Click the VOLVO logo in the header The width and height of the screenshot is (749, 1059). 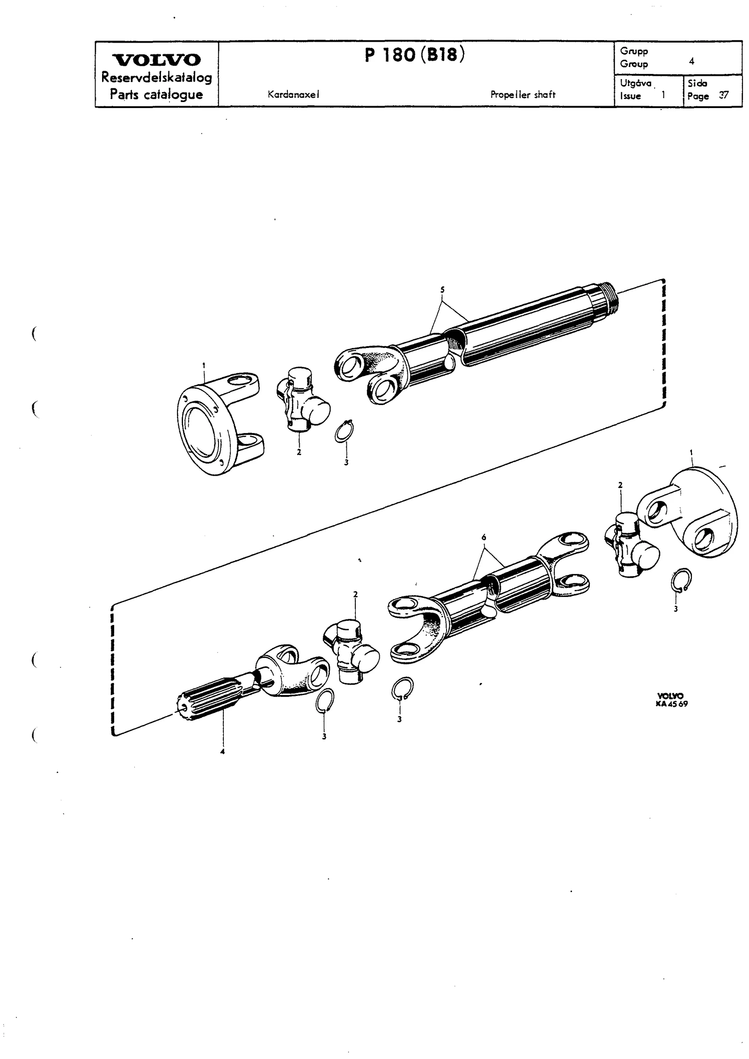(x=157, y=60)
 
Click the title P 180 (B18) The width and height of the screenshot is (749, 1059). (x=415, y=56)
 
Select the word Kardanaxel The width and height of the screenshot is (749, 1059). (x=294, y=94)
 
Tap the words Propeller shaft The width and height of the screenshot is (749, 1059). (x=523, y=94)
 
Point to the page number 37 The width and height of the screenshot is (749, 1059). (x=724, y=95)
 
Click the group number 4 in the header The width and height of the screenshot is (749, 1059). (x=691, y=61)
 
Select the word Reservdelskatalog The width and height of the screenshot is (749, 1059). (x=157, y=78)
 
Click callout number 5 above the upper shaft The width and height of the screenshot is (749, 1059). (x=442, y=290)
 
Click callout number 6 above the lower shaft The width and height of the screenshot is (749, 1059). (x=484, y=538)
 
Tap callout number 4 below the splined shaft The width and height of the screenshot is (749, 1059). (x=222, y=752)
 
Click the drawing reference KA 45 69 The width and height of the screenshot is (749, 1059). (x=672, y=704)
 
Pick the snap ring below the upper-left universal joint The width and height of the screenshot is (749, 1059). (x=345, y=429)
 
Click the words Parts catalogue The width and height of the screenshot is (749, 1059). (x=156, y=94)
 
